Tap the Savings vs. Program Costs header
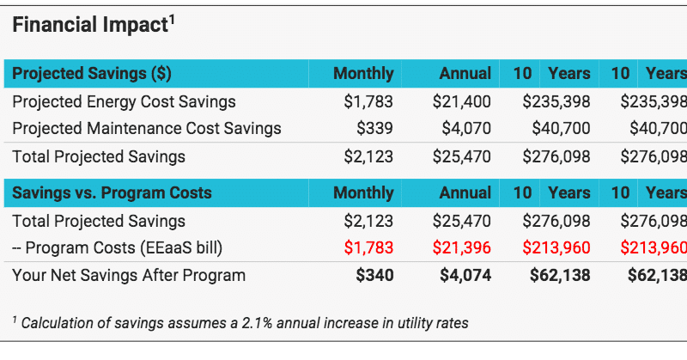pyautogui.click(x=112, y=192)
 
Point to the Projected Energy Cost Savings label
pyautogui.click(x=124, y=102)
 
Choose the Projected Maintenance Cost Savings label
pyautogui.click(x=147, y=129)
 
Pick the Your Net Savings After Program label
pyautogui.click(x=129, y=276)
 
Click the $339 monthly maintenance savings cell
pyautogui.click(x=374, y=129)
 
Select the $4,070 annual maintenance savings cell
pyautogui.click(x=465, y=129)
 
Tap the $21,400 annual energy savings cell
pyautogui.click(x=461, y=102)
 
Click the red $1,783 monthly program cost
pyautogui.click(x=368, y=248)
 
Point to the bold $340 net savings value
pyautogui.click(x=374, y=276)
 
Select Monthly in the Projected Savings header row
pyautogui.click(x=363, y=74)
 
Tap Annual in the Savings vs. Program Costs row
pyautogui.click(x=465, y=192)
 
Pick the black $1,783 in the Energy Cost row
pyautogui.click(x=368, y=102)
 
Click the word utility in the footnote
pyautogui.click(x=413, y=323)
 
